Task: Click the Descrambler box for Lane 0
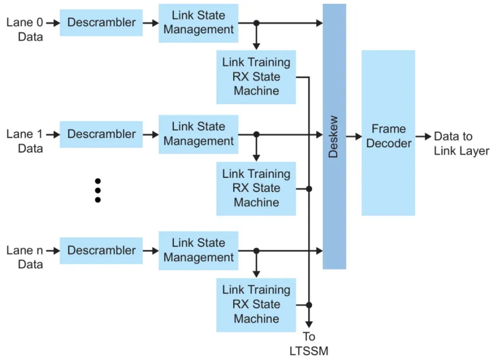pyautogui.click(x=101, y=22)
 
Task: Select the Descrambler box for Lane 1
pyautogui.click(x=101, y=134)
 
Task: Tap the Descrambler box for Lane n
pyautogui.click(x=101, y=250)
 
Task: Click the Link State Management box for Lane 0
pyautogui.click(x=198, y=23)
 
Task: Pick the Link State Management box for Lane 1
pyautogui.click(x=198, y=134)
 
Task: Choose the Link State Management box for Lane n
pyautogui.click(x=198, y=250)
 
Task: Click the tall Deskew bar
pyautogui.click(x=334, y=136)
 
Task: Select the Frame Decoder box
pyautogui.click(x=388, y=133)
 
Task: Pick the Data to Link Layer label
pyautogui.click(x=461, y=144)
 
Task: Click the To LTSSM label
pyautogui.click(x=309, y=343)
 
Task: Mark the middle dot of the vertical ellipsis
pyautogui.click(x=98, y=190)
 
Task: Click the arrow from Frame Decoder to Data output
pyautogui.click(x=423, y=136)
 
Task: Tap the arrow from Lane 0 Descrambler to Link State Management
pyautogui.click(x=150, y=22)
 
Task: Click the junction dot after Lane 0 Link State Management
pyautogui.click(x=256, y=23)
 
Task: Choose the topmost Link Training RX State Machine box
pyautogui.click(x=256, y=77)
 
